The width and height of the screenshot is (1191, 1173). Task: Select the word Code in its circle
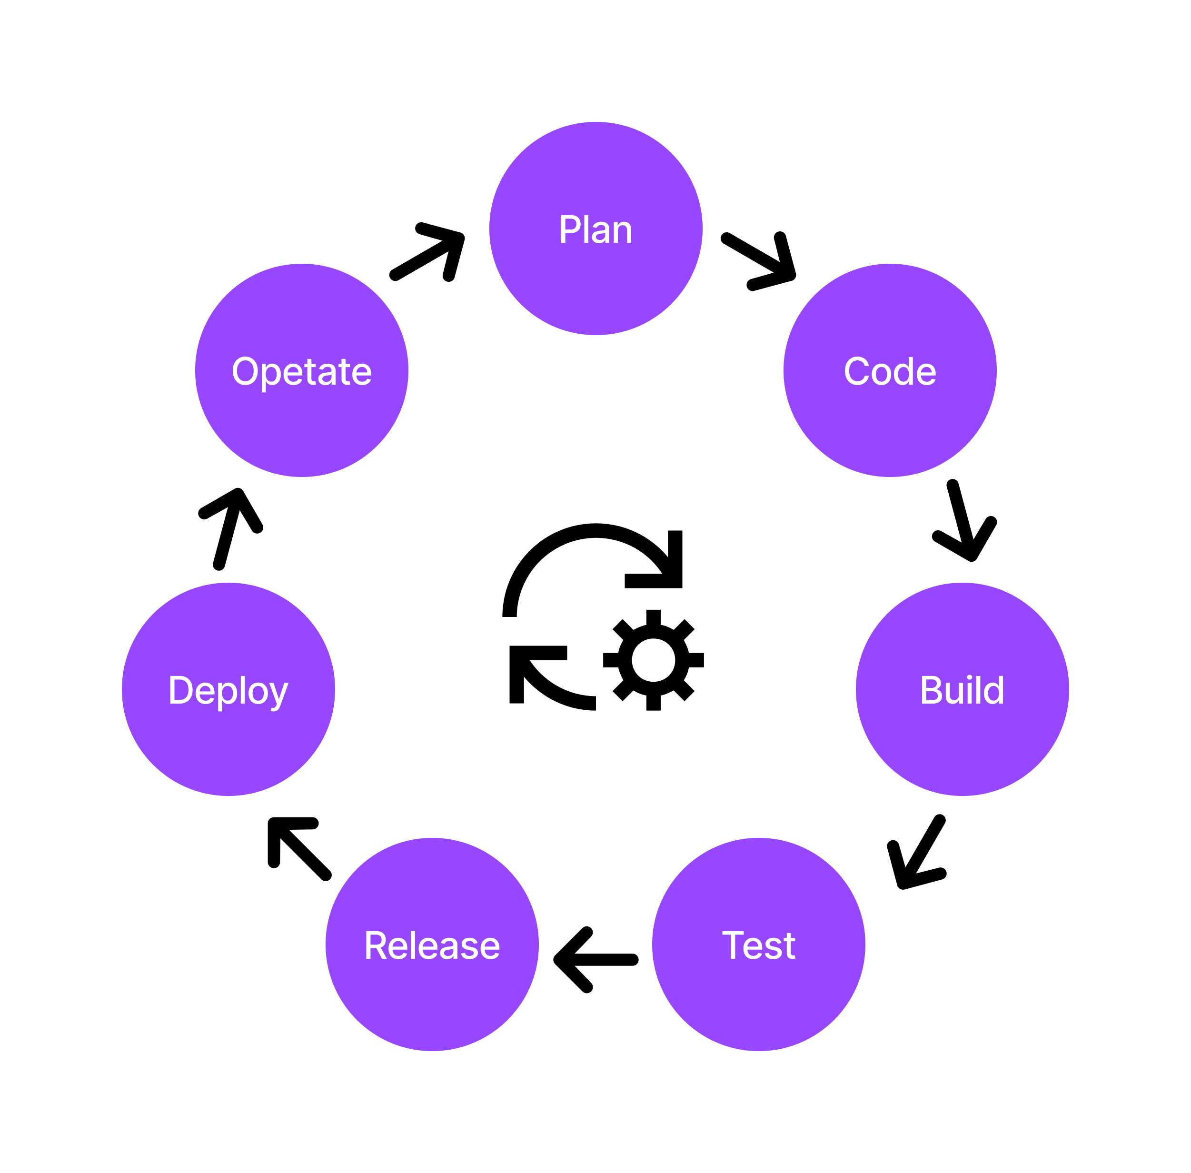[x=889, y=371]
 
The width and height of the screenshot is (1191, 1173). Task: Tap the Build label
[x=962, y=689]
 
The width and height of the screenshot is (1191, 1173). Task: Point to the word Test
[x=758, y=945]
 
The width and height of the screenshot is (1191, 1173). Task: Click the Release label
[x=431, y=945]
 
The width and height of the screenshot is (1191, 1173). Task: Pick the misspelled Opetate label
[x=301, y=371]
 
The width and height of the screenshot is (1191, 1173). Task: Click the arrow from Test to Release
[x=595, y=959]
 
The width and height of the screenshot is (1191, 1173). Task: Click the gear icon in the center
[x=653, y=660]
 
